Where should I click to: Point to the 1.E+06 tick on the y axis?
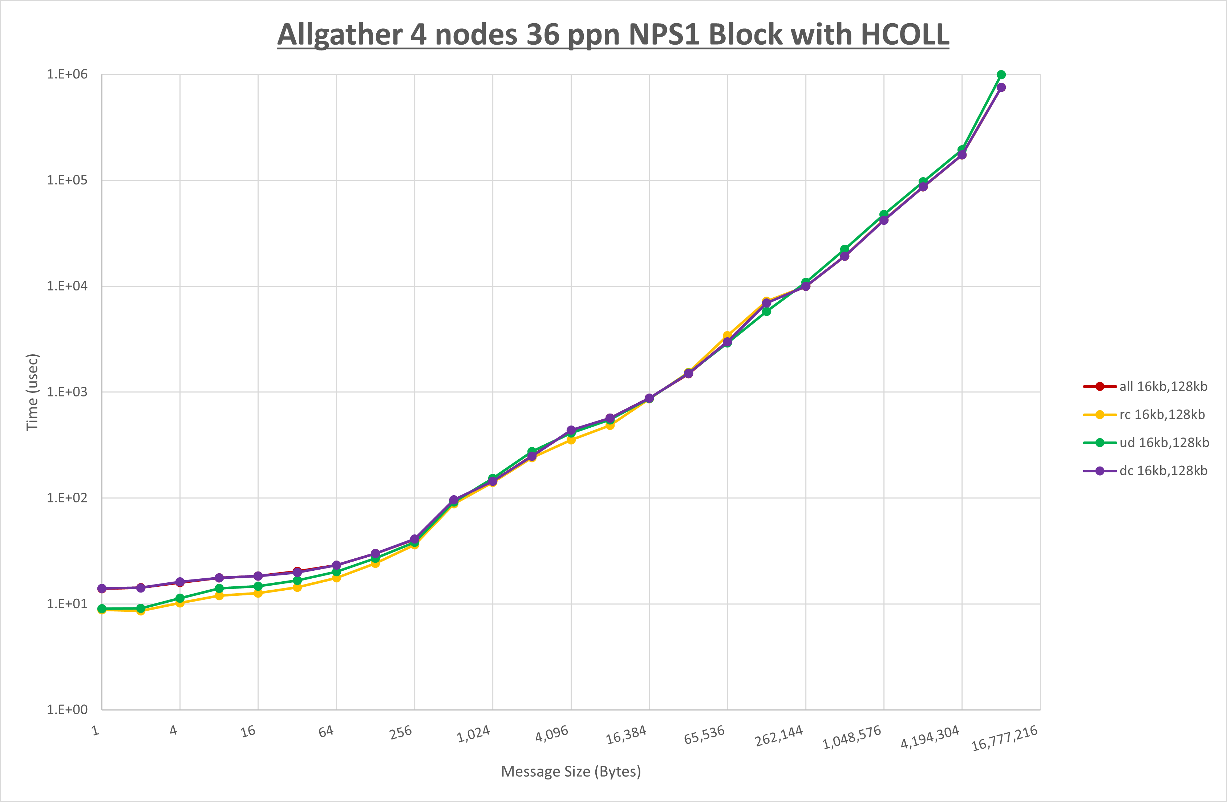(x=67, y=74)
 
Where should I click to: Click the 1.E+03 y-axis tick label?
(x=67, y=392)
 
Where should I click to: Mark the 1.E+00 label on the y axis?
(x=67, y=710)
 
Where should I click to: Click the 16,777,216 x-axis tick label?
(x=1004, y=738)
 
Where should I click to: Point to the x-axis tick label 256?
(x=401, y=732)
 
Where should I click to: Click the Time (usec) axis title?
(x=32, y=392)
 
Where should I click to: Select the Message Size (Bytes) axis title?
(x=571, y=772)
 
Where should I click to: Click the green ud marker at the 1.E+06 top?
(x=1001, y=75)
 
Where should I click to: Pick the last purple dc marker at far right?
(x=1001, y=87)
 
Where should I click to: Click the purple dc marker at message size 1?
(x=102, y=589)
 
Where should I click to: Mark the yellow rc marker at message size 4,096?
(x=571, y=440)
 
